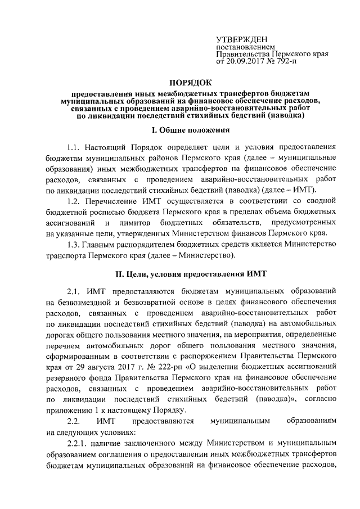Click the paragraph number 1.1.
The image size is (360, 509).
(74, 147)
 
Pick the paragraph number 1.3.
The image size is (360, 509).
(74, 245)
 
